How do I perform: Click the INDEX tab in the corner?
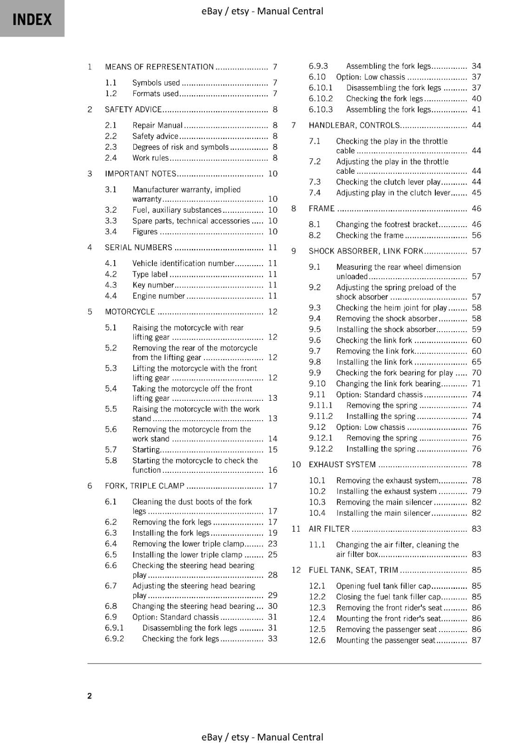[32, 19]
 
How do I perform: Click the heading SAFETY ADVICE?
[133, 110]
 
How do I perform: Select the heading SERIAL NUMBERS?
[138, 248]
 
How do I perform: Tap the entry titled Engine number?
[159, 296]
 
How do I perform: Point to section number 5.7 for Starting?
[111, 450]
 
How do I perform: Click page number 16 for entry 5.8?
[273, 470]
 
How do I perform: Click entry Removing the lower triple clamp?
[188, 544]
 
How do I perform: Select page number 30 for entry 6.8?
[273, 606]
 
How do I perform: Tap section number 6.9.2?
[114, 639]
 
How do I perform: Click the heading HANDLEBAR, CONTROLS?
[354, 125]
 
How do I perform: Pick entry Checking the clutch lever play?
[388, 182]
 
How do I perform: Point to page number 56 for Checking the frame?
[476, 235]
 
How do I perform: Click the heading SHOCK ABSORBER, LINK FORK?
[366, 251]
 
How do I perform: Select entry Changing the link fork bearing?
[388, 384]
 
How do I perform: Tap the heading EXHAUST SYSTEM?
[342, 464]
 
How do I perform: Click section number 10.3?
[317, 502]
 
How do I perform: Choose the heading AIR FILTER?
[329, 529]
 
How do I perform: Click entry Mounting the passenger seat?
[386, 640]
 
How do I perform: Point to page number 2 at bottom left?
[90, 696]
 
